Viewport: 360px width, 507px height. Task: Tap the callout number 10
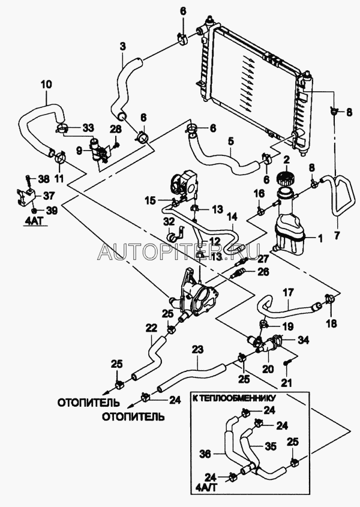tap(47, 85)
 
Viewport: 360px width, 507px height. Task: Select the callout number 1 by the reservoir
tap(320, 238)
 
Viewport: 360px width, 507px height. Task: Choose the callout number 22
tap(151, 328)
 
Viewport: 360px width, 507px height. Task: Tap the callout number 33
tap(88, 127)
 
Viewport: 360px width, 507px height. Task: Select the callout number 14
tap(232, 215)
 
